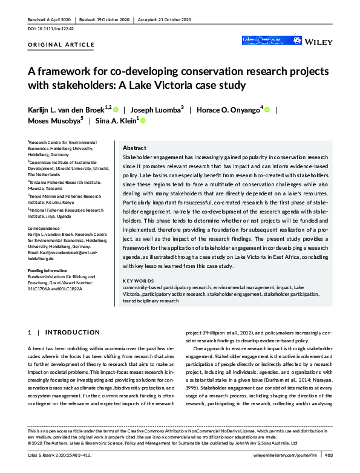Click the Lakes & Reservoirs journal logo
[262, 41]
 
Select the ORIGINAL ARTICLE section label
[62, 45]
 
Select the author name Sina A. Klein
[116, 121]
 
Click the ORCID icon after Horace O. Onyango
[267, 109]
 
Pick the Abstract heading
[134, 148]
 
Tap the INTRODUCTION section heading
[69, 333]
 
